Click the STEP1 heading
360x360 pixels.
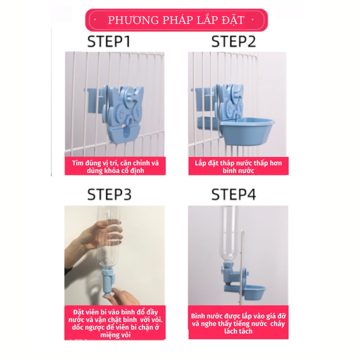109,41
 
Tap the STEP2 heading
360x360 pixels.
233,41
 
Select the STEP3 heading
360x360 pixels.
109,194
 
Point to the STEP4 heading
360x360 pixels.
233,194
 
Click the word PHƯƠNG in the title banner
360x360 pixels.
133,20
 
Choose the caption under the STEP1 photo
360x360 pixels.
115,167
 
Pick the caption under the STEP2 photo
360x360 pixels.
238,167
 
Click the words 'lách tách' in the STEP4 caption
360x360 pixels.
238,331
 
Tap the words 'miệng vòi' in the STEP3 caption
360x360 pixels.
115,335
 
